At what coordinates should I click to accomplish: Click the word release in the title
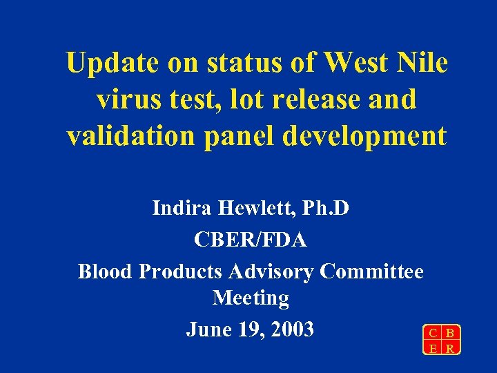pos(311,100)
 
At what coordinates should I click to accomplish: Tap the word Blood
pos(106,271)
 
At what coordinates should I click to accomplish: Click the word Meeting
pos(251,298)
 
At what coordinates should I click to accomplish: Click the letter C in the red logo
pos(433,334)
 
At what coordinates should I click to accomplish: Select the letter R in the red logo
pos(449,348)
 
